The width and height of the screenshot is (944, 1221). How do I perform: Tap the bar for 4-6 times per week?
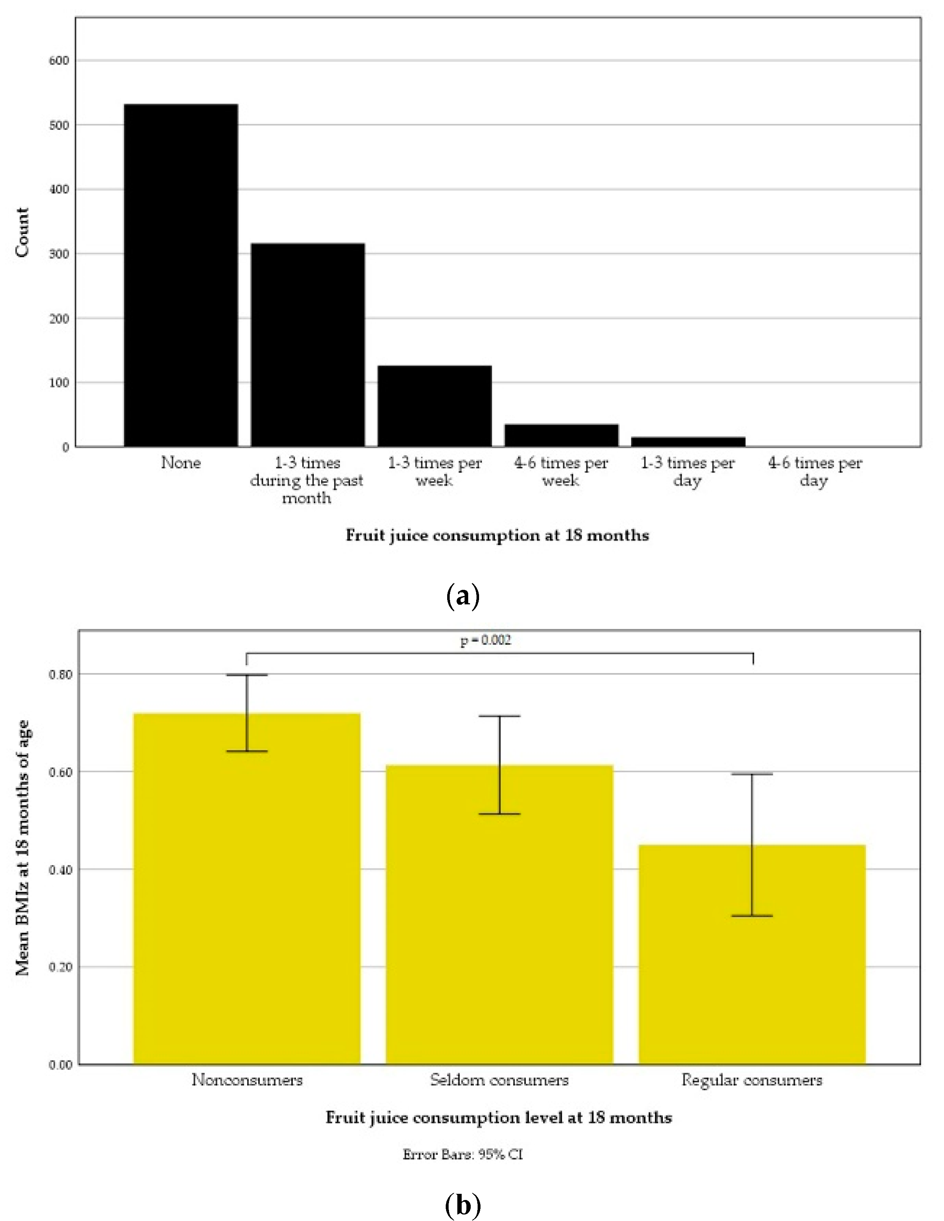(561, 436)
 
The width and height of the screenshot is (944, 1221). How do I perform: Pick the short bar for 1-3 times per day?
(688, 442)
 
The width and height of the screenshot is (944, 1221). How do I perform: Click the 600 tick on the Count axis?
(59, 61)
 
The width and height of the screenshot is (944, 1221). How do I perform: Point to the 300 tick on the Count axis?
(59, 254)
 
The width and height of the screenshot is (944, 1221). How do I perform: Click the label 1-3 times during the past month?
(307, 480)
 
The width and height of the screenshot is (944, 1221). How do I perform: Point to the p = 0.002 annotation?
(486, 641)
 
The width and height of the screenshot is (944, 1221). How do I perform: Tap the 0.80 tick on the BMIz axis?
(61, 674)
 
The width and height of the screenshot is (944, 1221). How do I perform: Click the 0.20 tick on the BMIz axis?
(61, 967)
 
